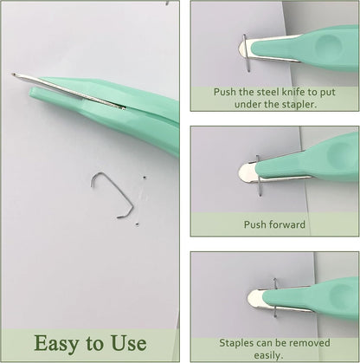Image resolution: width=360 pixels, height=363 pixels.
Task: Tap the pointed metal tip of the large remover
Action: click(x=13, y=75)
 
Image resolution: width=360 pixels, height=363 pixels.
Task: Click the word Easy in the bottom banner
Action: click(x=56, y=343)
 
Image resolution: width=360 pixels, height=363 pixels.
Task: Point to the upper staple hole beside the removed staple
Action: click(x=145, y=178)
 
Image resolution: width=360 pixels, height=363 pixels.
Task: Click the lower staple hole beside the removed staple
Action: click(x=137, y=224)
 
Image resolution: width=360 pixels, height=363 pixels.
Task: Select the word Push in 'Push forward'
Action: click(x=255, y=224)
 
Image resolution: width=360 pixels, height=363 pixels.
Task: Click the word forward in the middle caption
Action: click(x=287, y=224)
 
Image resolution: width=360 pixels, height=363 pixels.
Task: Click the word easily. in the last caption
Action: click(x=268, y=355)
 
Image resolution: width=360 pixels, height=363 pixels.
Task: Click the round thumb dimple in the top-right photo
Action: click(x=329, y=45)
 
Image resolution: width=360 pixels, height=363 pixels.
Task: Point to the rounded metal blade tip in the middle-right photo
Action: click(x=245, y=172)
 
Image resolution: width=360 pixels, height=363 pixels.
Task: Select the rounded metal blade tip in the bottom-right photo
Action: click(x=253, y=298)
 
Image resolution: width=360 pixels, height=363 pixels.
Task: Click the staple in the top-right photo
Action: click(x=247, y=53)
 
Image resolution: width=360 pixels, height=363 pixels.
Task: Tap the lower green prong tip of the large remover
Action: click(x=32, y=93)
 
